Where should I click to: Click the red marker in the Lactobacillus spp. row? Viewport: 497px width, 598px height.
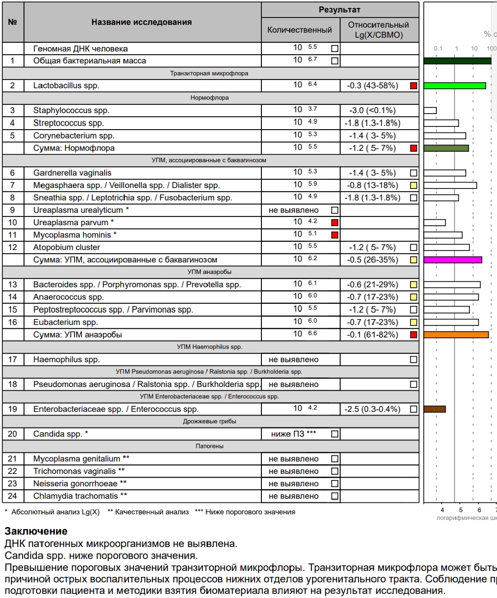[x=413, y=85]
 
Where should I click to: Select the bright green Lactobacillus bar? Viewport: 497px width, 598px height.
[x=454, y=85]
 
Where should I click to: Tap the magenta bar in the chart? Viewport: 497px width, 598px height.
[x=452, y=260]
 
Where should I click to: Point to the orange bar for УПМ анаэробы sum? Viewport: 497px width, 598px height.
[x=456, y=335]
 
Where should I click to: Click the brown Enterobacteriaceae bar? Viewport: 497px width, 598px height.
[x=434, y=409]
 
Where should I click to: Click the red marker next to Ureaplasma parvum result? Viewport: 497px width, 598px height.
[x=335, y=222]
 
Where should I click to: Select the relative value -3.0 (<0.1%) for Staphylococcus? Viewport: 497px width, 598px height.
[x=372, y=110]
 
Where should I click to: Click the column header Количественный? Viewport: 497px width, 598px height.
[x=300, y=30]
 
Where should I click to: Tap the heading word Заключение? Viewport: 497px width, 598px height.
[x=36, y=531]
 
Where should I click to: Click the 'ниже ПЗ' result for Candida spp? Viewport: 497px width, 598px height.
[x=293, y=434]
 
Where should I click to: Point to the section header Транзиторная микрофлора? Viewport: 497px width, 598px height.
[x=209, y=73]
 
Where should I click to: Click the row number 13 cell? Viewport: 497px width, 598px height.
[x=12, y=285]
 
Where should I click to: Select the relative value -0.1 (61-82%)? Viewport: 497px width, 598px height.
[x=372, y=335]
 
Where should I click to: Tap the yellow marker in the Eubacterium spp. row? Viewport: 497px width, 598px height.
[x=413, y=322]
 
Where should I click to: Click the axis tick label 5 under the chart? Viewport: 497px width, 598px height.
[x=461, y=510]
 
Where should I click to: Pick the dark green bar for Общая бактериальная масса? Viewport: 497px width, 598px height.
[x=457, y=61]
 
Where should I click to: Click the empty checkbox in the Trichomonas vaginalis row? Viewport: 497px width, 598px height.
[x=335, y=471]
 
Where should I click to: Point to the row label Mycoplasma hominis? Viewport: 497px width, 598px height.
[x=75, y=235]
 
